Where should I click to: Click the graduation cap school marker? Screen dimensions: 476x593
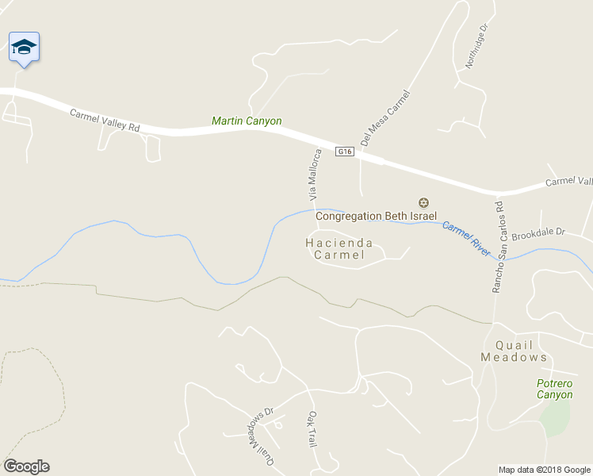tap(24, 48)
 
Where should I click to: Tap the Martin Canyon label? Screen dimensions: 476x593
tap(247, 121)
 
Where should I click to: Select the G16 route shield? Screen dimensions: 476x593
tap(343, 152)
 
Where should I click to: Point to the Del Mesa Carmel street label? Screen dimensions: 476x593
tap(384, 119)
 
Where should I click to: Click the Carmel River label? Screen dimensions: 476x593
tap(467, 236)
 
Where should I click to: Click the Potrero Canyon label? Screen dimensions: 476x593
tap(554, 389)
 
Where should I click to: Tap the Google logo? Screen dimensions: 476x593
tap(26, 466)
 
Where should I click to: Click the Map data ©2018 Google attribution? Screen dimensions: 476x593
tap(544, 470)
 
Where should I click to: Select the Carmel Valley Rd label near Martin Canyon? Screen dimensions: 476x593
tap(105, 121)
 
